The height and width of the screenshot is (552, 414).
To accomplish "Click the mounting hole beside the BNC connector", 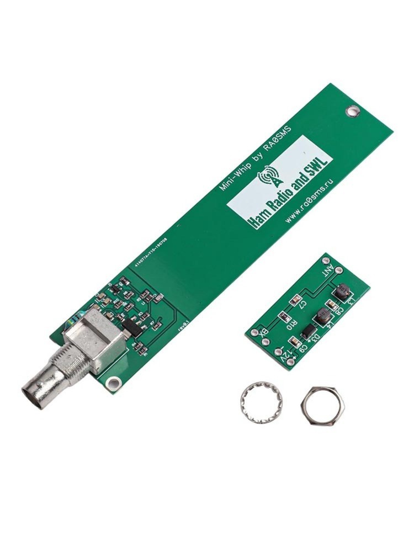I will click(x=114, y=381).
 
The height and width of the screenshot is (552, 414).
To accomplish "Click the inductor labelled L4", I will click(x=322, y=316).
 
